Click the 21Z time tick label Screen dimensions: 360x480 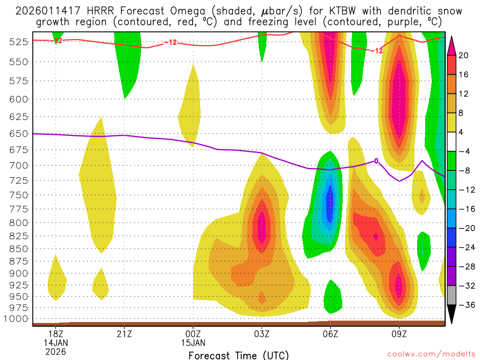124,334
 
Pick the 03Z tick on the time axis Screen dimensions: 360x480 262,334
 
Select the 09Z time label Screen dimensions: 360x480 399,334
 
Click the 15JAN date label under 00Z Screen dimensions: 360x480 193,343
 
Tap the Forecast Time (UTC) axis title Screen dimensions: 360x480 239,355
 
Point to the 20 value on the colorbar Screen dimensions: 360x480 463,55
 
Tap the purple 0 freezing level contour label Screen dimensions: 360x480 375,161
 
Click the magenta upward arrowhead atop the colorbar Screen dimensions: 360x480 452,44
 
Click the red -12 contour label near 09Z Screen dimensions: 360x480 376,51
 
